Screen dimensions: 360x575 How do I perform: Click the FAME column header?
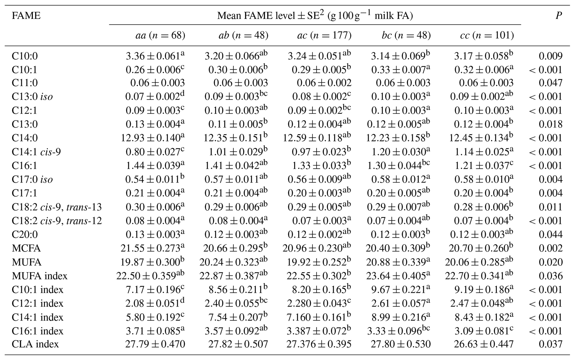pos(26,16)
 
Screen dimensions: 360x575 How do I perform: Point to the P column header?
pos(558,16)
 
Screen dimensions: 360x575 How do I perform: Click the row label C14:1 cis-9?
pos(36,152)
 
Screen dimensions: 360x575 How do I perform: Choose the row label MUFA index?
pos(40,276)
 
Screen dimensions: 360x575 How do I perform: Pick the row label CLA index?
pos(35,344)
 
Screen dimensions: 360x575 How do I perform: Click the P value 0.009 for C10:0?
pos(551,56)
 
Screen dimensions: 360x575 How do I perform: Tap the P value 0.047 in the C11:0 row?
pos(551,83)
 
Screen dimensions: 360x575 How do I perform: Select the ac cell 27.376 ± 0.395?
pos(319,344)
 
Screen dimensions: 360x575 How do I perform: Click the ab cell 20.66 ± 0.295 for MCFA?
pos(233,248)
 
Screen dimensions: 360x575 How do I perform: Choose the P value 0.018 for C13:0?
pos(551,124)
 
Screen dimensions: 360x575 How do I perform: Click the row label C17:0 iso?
pos(32,180)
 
